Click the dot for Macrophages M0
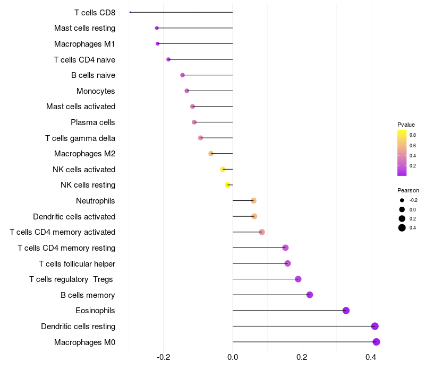(376, 342)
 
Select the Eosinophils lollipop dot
(346, 311)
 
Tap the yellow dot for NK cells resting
(227, 185)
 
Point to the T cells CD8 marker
(130, 12)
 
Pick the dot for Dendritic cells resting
(375, 326)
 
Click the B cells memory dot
(310, 295)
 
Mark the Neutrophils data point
(253, 200)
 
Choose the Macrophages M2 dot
(211, 154)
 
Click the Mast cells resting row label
(84, 28)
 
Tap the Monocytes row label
(96, 91)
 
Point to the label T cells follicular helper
(77, 263)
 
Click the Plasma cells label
(93, 122)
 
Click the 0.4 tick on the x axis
(371, 357)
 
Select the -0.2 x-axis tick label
(163, 357)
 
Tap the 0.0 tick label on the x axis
(233, 357)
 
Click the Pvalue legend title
(406, 125)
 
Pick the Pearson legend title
(408, 190)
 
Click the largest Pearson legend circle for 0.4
(402, 228)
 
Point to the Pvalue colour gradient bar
(402, 153)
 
